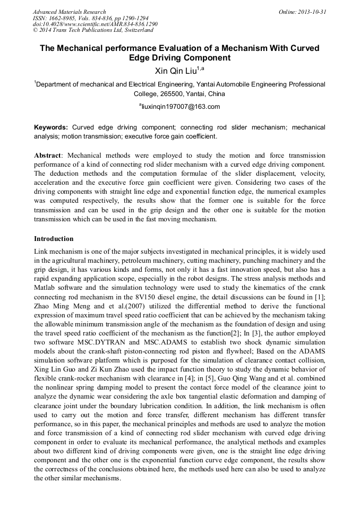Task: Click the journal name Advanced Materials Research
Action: point(69,12)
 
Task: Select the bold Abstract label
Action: point(47,156)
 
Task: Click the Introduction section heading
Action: point(54,239)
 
